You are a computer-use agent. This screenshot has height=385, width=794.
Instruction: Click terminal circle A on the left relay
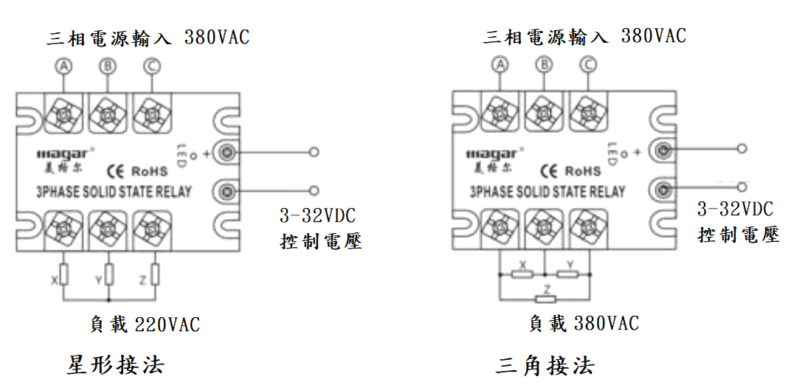point(65,67)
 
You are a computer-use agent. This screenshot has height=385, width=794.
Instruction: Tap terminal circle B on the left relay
point(108,67)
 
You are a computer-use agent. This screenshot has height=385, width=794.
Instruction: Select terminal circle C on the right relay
point(588,65)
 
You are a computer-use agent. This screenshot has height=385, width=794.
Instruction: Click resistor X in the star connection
point(64,276)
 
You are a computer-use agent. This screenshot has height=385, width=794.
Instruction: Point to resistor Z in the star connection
point(155,276)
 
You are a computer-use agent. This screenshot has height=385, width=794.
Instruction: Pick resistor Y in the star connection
point(110,276)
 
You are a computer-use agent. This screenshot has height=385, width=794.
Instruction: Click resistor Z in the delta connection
point(545,299)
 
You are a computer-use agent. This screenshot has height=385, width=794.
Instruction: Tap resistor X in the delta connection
point(522,274)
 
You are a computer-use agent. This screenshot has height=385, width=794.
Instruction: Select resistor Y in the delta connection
point(567,274)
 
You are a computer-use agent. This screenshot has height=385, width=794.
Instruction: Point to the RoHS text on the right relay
point(583,171)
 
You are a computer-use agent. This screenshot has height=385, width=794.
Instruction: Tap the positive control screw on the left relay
point(227,153)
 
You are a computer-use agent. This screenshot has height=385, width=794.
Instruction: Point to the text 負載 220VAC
point(145,325)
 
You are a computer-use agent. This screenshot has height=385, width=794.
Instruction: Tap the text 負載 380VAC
point(584,323)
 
